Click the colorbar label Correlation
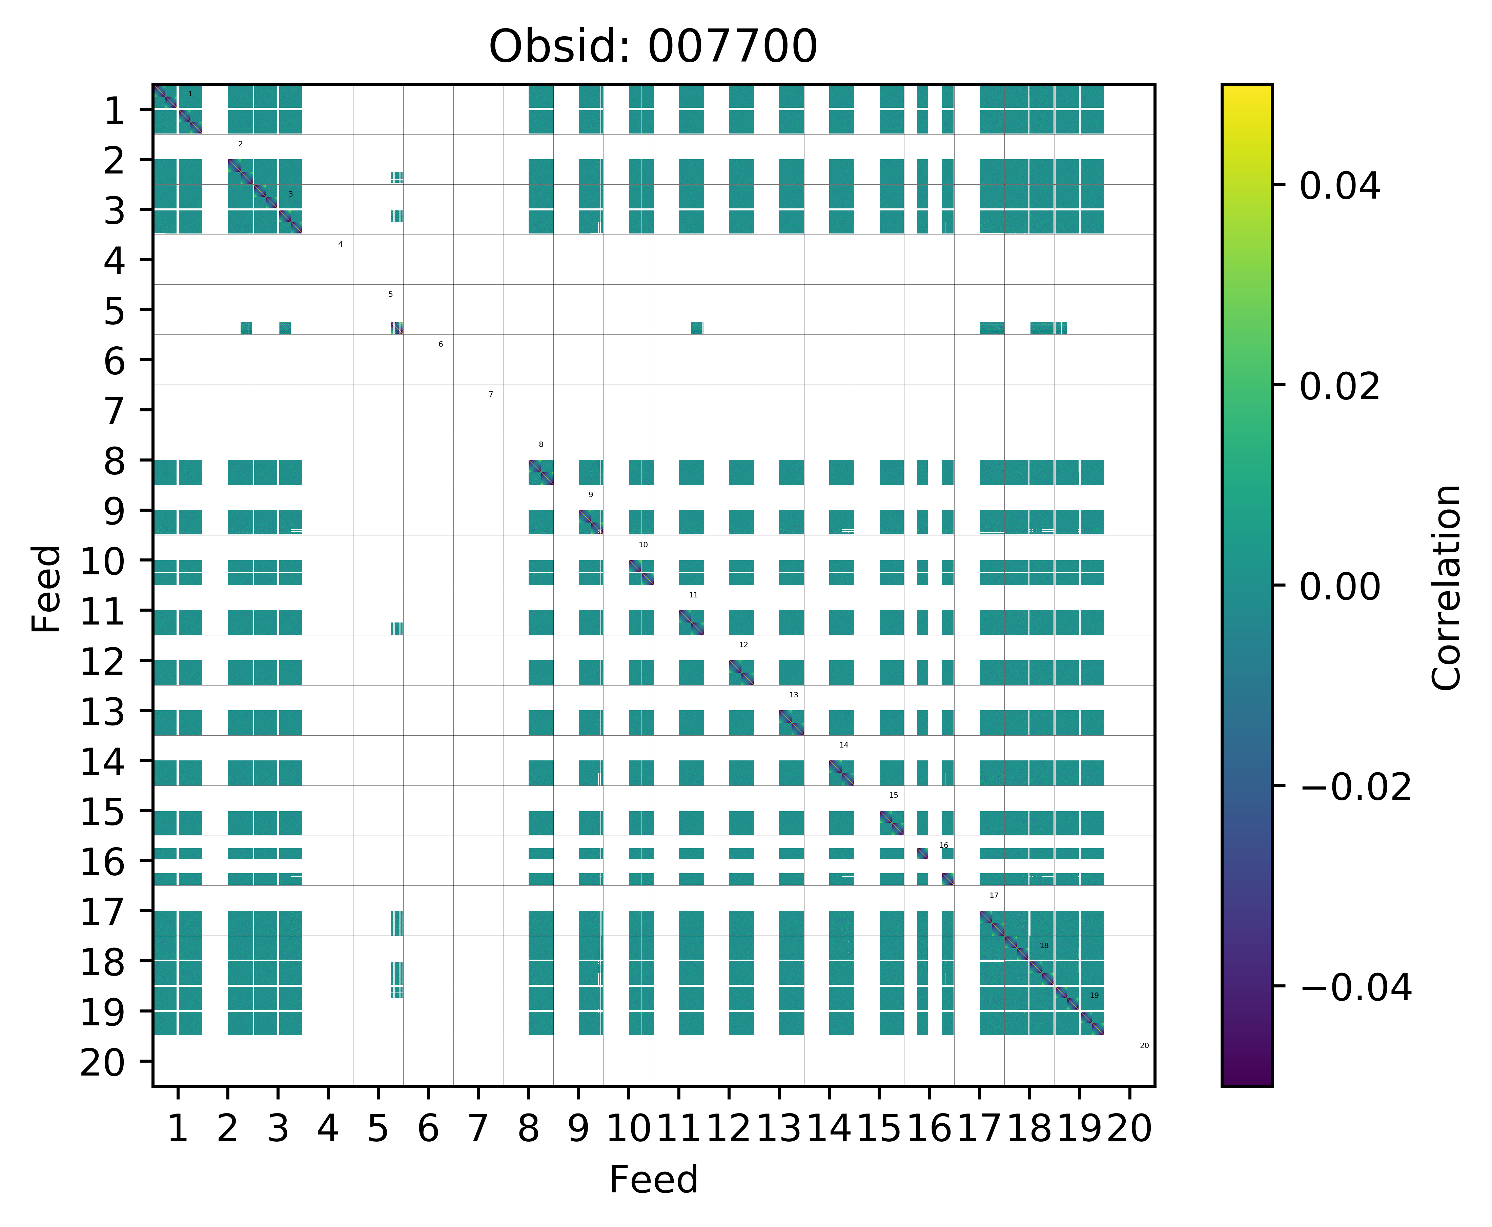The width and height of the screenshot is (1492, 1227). [x=1446, y=587]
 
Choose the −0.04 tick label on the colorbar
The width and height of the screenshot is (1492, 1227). [x=1355, y=987]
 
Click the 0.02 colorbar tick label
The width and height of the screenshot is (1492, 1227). [x=1339, y=387]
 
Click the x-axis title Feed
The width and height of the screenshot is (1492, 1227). [x=653, y=1180]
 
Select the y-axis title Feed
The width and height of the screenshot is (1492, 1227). [x=47, y=588]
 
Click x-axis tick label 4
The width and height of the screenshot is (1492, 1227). [x=327, y=1129]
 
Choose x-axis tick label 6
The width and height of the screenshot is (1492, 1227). [x=428, y=1129]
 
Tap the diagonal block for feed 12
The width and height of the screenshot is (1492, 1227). [x=741, y=672]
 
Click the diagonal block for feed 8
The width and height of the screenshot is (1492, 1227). [x=541, y=472]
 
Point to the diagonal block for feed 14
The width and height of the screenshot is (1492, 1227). [x=841, y=773]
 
